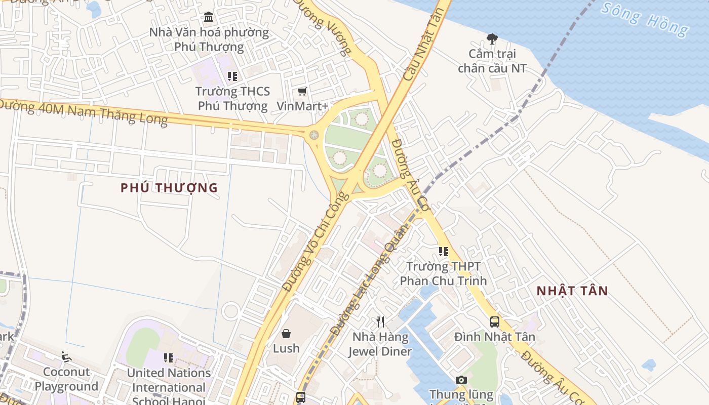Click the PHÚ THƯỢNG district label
169,188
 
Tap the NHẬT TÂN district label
572,291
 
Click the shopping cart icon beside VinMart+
302,91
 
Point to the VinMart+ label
302,106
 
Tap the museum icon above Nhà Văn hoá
209,18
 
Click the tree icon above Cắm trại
492,38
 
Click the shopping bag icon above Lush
286,334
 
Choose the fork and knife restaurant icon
380,321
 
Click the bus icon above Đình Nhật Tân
494,321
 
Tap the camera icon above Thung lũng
461,380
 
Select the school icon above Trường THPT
444,252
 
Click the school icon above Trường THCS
232,76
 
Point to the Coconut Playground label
66,379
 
